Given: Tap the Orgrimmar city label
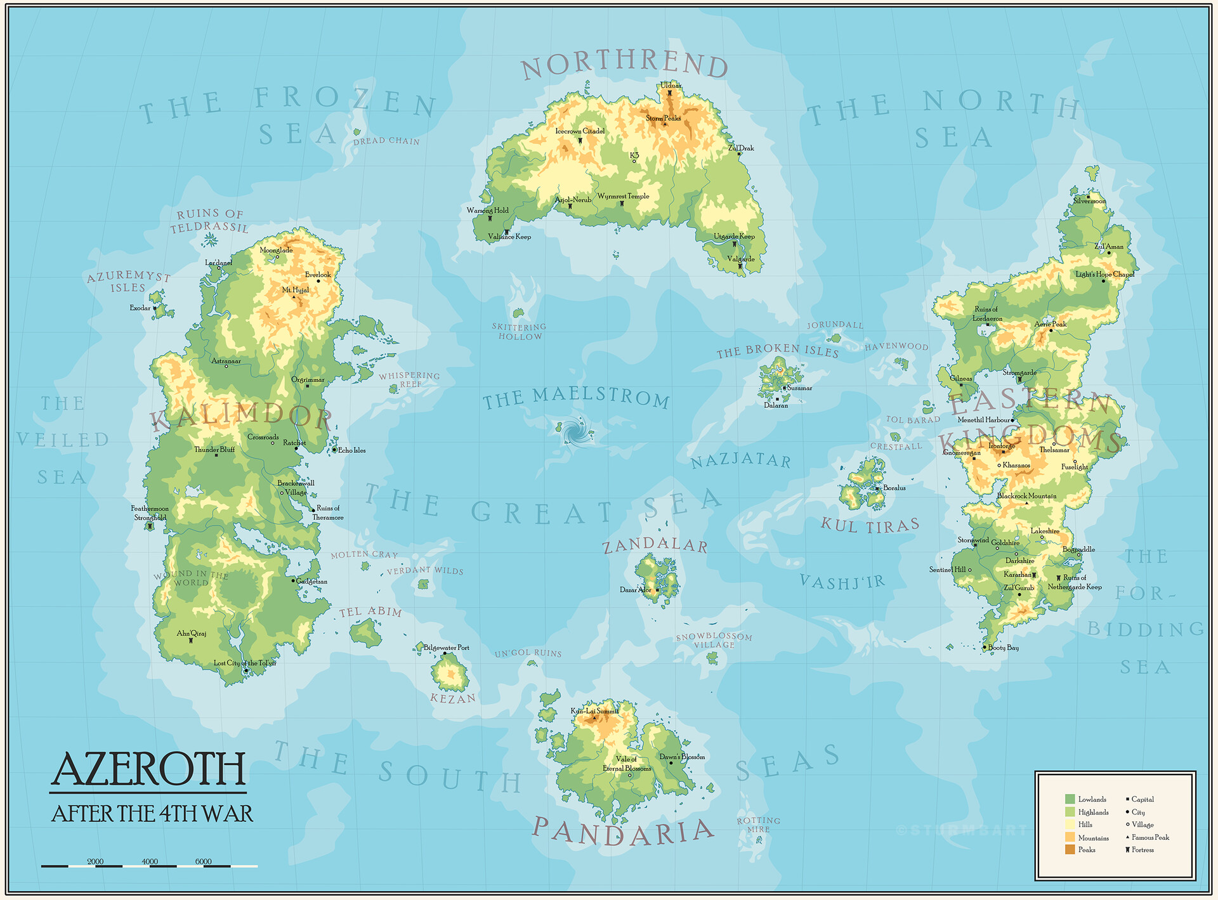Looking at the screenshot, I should click(x=308, y=380).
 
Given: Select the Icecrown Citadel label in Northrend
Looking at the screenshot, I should click(x=580, y=131).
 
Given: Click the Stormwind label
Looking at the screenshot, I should click(x=972, y=540).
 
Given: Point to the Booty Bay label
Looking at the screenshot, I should click(x=1003, y=648).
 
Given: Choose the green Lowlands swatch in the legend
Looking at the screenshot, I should click(x=1070, y=799).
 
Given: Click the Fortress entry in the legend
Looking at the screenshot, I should click(x=1142, y=850).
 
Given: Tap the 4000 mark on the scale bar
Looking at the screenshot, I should click(x=150, y=861).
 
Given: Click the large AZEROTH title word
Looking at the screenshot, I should click(x=148, y=769).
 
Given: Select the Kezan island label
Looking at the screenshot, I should click(x=453, y=698).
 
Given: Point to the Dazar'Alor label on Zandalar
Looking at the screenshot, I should click(x=635, y=590).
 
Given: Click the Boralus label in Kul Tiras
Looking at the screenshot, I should click(x=894, y=488).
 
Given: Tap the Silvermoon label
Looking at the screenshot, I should click(x=1089, y=201).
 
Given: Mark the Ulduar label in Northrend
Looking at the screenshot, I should click(x=671, y=85).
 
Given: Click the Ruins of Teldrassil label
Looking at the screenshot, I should click(x=209, y=221).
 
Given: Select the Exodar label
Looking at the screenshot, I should click(x=140, y=308).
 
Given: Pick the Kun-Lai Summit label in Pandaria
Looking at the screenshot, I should click(x=594, y=711).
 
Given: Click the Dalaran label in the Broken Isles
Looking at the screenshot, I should click(x=776, y=405).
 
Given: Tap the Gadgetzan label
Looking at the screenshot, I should click(x=311, y=581).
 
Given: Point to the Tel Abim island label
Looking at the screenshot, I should click(x=370, y=611).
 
